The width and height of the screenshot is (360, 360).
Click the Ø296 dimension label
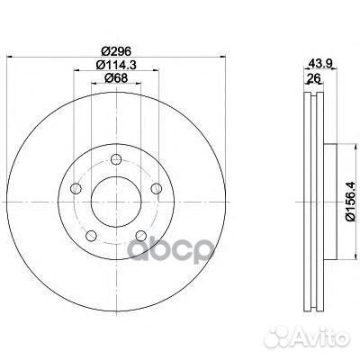click(x=116, y=51)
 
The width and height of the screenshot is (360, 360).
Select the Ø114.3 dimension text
click(x=116, y=65)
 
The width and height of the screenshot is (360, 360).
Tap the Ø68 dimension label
click(x=116, y=78)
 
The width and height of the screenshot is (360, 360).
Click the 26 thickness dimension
click(x=314, y=78)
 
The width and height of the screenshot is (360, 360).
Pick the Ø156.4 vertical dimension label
click(x=351, y=202)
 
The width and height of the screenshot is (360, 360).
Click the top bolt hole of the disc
click(x=116, y=159)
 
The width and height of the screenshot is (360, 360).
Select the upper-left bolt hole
click(x=76, y=188)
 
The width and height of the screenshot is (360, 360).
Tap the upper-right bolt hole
click(x=157, y=188)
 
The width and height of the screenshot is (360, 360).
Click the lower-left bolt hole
click(x=91, y=236)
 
